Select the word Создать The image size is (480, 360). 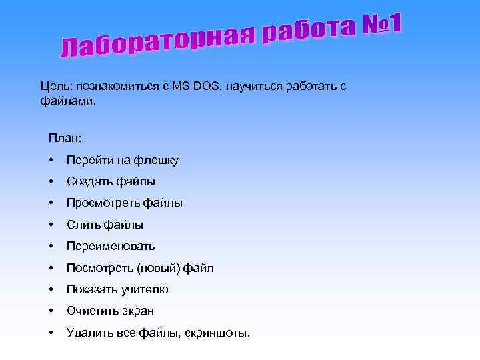(89, 181)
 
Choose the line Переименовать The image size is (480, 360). (111, 246)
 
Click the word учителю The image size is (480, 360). (145, 289)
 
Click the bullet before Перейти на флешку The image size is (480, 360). (51, 160)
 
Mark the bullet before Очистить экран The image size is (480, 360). (51, 311)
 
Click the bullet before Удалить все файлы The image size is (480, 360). (51, 333)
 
